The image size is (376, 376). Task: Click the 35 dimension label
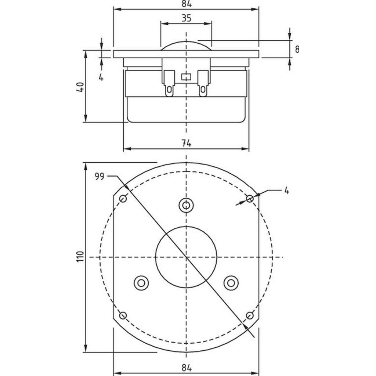186,18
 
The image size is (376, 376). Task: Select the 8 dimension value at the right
297,50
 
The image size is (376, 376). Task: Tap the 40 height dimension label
80,87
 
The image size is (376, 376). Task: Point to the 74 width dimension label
186,144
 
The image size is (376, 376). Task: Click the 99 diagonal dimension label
99,176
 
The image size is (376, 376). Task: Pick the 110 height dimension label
80,257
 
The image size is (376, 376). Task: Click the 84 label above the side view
186,4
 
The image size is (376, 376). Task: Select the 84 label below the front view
186,368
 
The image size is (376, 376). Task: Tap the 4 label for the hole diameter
287,191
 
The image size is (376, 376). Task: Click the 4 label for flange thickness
101,77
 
